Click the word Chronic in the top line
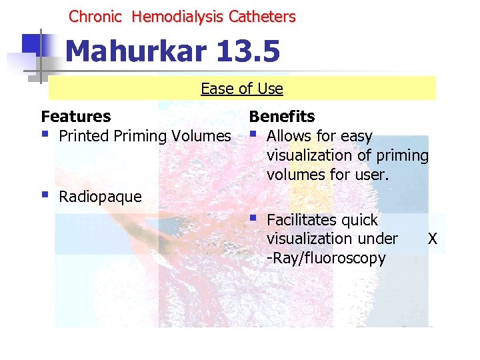(96, 17)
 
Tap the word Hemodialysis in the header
(178, 17)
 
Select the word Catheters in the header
(262, 17)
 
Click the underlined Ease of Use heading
(242, 89)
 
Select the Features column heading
(76, 117)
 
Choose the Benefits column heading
(282, 117)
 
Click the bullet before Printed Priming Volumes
(45, 135)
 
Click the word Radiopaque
(101, 197)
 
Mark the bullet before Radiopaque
(45, 195)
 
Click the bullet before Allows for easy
(253, 135)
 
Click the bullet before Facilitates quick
(253, 218)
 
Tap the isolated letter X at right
(433, 239)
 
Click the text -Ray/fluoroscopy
(326, 258)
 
